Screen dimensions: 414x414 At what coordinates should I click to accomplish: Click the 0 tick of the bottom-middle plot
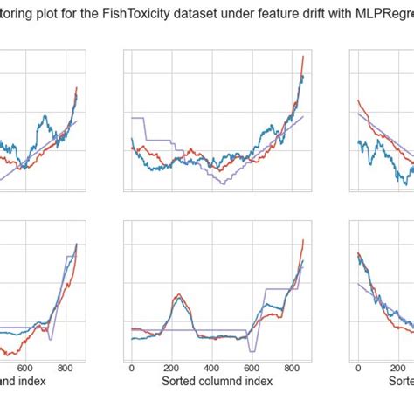point(131,368)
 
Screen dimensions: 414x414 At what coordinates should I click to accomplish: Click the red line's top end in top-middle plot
point(303,57)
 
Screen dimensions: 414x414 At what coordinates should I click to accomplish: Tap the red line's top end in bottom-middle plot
point(303,240)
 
